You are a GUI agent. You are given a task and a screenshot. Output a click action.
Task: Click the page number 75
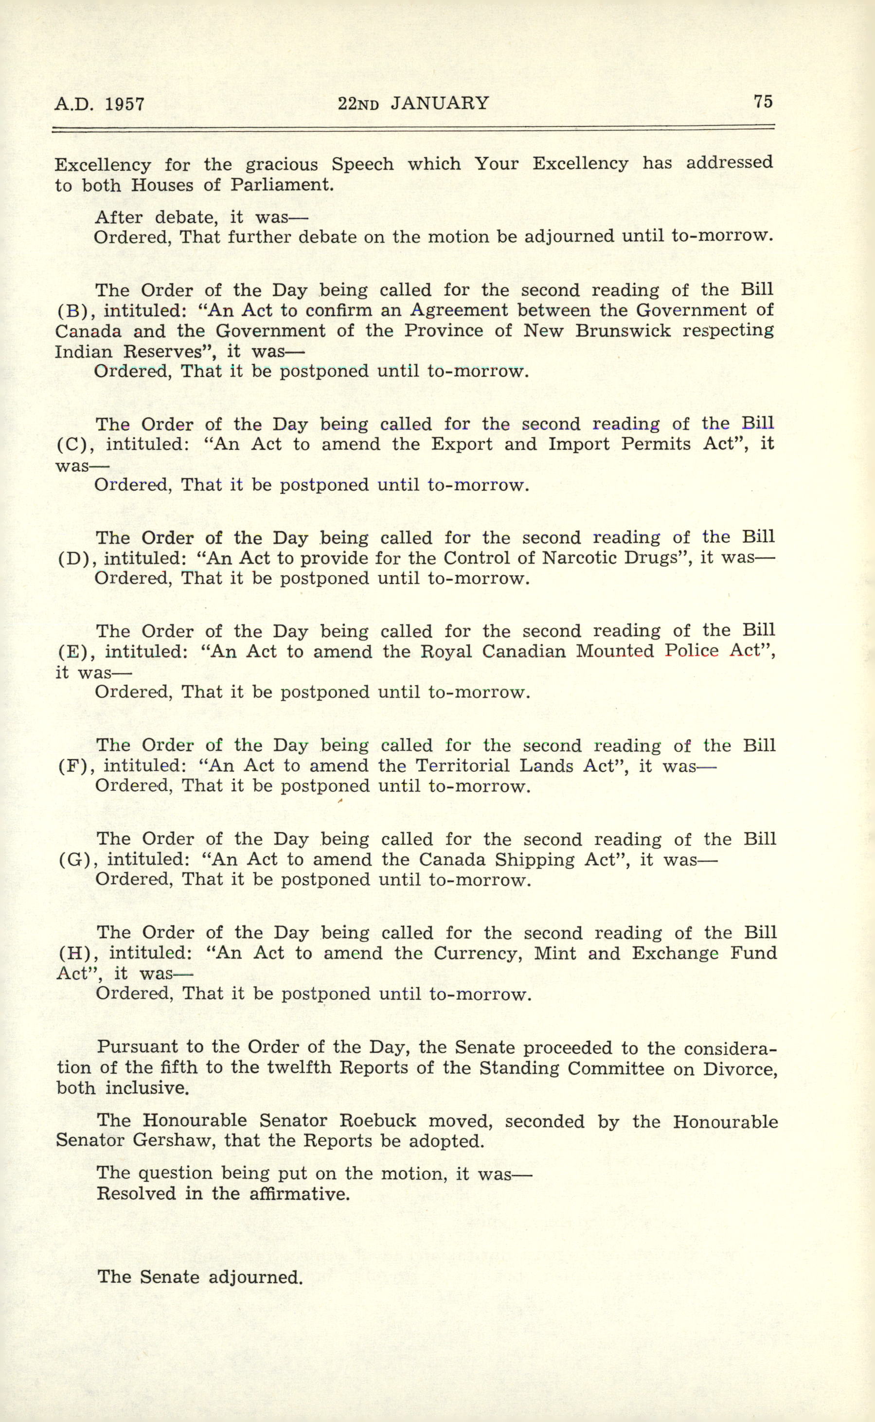(763, 101)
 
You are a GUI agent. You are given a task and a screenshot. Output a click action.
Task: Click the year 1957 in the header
(125, 104)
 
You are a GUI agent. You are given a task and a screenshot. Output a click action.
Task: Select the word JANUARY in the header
(439, 103)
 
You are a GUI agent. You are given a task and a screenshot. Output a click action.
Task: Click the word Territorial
(461, 766)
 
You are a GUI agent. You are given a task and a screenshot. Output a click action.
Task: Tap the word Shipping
(533, 860)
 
